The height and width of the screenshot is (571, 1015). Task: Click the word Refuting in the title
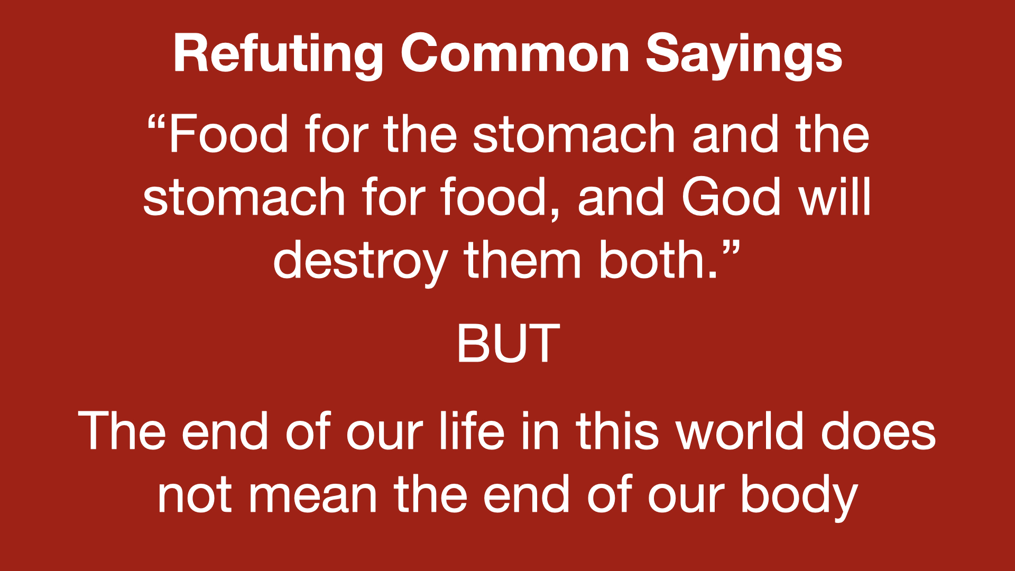coord(278,54)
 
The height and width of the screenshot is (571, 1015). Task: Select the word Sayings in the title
coord(744,55)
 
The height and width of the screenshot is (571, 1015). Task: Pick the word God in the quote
coord(731,197)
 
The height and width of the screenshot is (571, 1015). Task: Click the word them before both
coord(523,259)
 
